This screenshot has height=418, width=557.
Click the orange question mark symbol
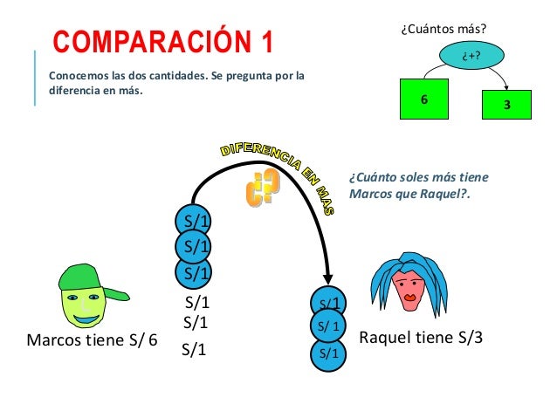[262, 188]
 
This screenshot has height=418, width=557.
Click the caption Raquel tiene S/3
[421, 338]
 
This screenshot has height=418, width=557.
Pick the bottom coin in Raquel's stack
[329, 353]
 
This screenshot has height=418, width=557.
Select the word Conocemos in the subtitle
[74, 75]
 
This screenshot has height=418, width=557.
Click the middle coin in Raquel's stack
[329, 327]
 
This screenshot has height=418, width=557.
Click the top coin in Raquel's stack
[329, 303]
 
